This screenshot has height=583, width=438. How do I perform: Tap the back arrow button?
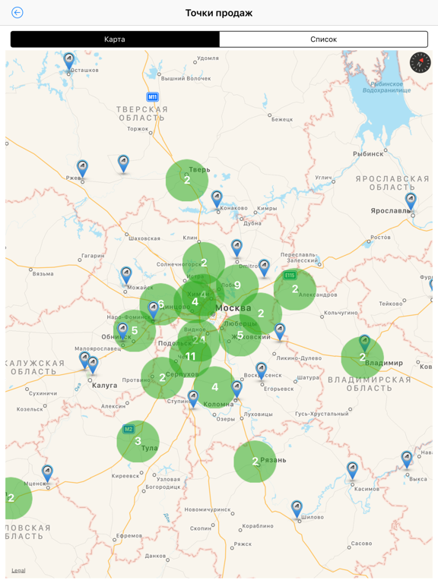point(17,13)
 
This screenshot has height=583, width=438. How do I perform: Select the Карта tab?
point(115,39)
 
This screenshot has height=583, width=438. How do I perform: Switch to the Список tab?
point(323,39)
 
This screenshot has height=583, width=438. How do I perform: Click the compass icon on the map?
point(420,63)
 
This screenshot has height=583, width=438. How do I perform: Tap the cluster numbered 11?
point(190,356)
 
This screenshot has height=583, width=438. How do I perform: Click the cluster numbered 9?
point(237,285)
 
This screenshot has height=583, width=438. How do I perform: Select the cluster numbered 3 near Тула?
point(138,441)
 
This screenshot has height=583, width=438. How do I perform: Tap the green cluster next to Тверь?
point(187,180)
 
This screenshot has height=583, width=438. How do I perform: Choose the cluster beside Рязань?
point(255,461)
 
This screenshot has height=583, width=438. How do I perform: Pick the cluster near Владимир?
point(362,357)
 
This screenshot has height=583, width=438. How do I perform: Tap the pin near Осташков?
point(69,60)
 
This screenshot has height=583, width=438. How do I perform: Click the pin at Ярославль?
point(411,200)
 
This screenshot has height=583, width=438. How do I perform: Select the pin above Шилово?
point(297,507)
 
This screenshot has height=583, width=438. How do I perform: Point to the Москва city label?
point(233,307)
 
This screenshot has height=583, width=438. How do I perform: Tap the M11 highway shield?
point(153,97)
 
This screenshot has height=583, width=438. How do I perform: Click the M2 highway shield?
point(129,429)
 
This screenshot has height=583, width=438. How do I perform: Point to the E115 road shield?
point(290,275)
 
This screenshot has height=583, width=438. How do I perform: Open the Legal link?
point(18,570)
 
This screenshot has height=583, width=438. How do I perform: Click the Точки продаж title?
point(219,13)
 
